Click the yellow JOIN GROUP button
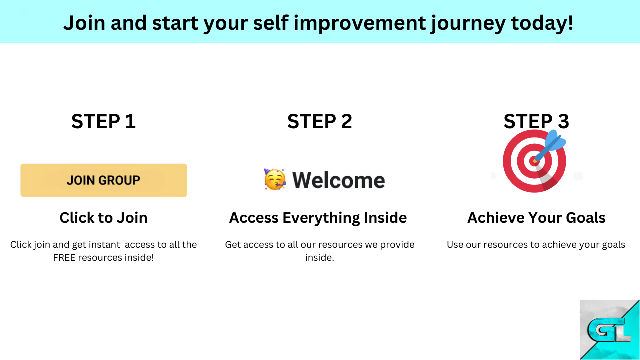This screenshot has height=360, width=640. pos(103,180)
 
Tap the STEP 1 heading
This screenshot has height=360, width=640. pos(103,121)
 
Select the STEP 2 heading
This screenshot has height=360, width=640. pos(319,121)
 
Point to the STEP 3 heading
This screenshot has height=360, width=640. pos(536,121)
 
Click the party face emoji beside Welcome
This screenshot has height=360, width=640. pos(275,179)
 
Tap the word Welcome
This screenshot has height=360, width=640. pos(339,180)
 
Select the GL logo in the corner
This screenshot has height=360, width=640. pos(609,329)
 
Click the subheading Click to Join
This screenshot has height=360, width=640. pos(103,218)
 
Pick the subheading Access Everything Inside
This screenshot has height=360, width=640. pos(318,218)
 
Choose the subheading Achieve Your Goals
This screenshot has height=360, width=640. pos(536,218)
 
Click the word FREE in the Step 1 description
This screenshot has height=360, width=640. pos(64,257)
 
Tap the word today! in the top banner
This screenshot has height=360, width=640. pos(542,23)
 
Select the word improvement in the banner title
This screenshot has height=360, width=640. pos(360,24)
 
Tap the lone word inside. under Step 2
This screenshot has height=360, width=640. pos(319,257)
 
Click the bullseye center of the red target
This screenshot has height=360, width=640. pos(534,161)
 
